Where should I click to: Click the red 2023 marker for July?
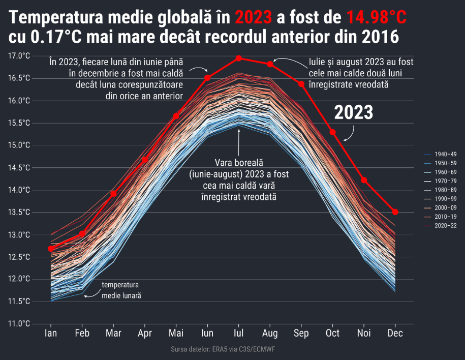click(239, 58)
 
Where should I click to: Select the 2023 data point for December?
click(395, 212)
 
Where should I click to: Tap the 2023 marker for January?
click(51, 249)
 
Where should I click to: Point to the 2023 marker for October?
click(333, 132)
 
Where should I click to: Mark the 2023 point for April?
click(145, 160)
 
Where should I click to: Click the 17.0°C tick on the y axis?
click(20, 56)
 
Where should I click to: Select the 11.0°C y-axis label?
click(20, 324)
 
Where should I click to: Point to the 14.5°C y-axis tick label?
click(20, 168)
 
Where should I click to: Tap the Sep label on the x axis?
click(301, 334)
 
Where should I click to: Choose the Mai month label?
click(176, 334)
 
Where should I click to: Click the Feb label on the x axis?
click(82, 334)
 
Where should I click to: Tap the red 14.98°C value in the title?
click(377, 19)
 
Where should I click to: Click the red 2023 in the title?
click(254, 19)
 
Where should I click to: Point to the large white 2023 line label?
click(353, 113)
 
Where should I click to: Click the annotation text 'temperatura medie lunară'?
click(121, 290)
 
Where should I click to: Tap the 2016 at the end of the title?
click(381, 38)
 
